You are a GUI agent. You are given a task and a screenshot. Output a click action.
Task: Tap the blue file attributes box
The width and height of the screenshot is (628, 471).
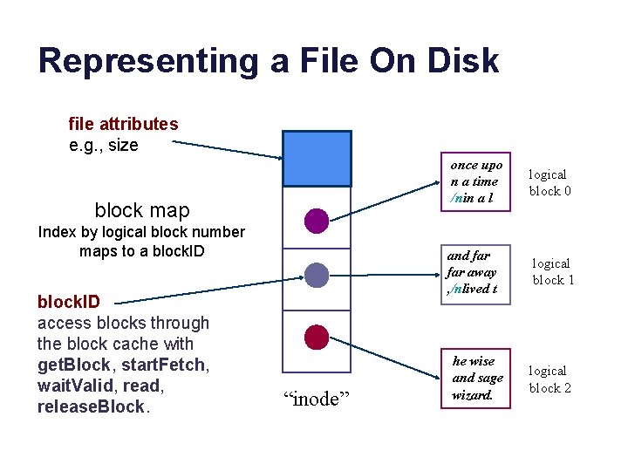[x=317, y=159]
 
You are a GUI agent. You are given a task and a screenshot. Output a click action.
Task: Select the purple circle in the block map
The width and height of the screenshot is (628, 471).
[x=317, y=221]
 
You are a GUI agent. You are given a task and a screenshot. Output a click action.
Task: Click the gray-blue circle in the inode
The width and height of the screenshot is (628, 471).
[x=317, y=276]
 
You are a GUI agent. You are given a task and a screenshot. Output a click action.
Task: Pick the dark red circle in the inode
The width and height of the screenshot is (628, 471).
[x=317, y=337]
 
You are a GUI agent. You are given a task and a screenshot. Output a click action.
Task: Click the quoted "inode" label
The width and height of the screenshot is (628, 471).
[x=317, y=399]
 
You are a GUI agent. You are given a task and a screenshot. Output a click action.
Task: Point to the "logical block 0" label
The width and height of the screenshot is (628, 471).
[x=549, y=182]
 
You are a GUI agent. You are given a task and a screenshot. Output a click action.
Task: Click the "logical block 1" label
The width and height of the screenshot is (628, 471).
[x=550, y=271]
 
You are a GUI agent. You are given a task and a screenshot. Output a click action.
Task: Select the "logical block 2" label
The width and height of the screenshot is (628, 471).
[x=550, y=379]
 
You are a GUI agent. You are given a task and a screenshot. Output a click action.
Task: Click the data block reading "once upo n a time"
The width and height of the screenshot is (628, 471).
[x=476, y=181]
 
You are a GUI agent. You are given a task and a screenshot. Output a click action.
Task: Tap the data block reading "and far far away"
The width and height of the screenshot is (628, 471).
[x=472, y=272]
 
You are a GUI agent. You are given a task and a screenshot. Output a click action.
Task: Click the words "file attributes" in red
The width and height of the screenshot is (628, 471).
[x=123, y=124]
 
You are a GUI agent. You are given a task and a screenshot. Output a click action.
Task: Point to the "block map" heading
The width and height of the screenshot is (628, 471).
[x=141, y=210]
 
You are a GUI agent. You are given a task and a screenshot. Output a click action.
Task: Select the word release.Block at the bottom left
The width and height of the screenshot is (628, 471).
[x=91, y=406]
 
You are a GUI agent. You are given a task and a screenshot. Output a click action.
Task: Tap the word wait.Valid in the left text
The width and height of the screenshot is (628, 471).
[x=74, y=386]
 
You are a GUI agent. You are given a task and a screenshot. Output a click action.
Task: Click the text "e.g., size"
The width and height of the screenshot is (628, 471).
[x=103, y=145]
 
